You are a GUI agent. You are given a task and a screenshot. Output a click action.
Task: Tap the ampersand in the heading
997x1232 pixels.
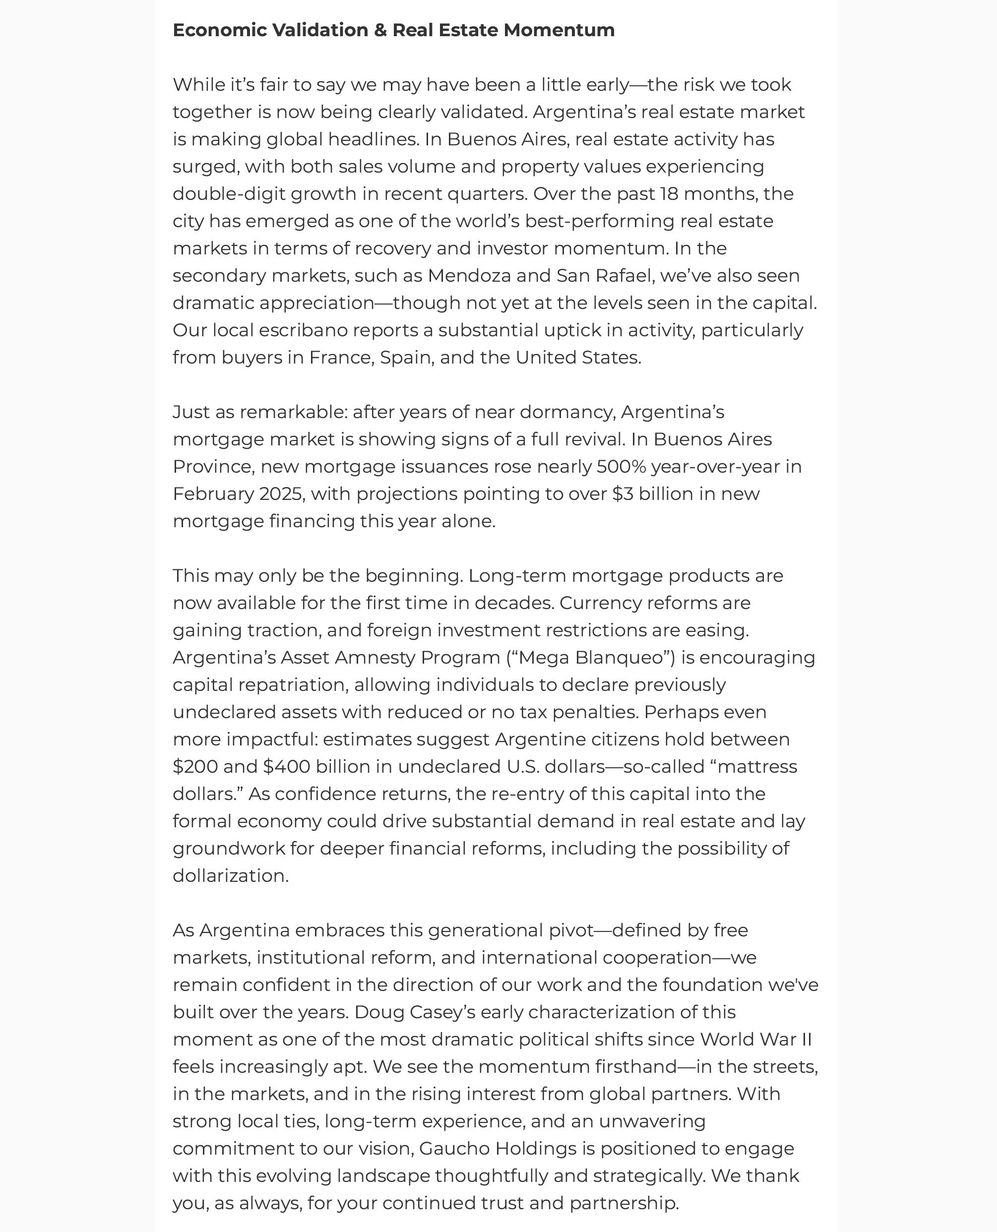click(380, 30)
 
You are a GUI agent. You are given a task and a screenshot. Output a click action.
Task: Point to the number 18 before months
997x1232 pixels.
click(669, 194)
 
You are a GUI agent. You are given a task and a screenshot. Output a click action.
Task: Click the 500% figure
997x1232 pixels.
click(622, 467)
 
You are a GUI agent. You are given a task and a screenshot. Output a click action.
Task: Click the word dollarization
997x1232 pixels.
click(230, 876)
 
